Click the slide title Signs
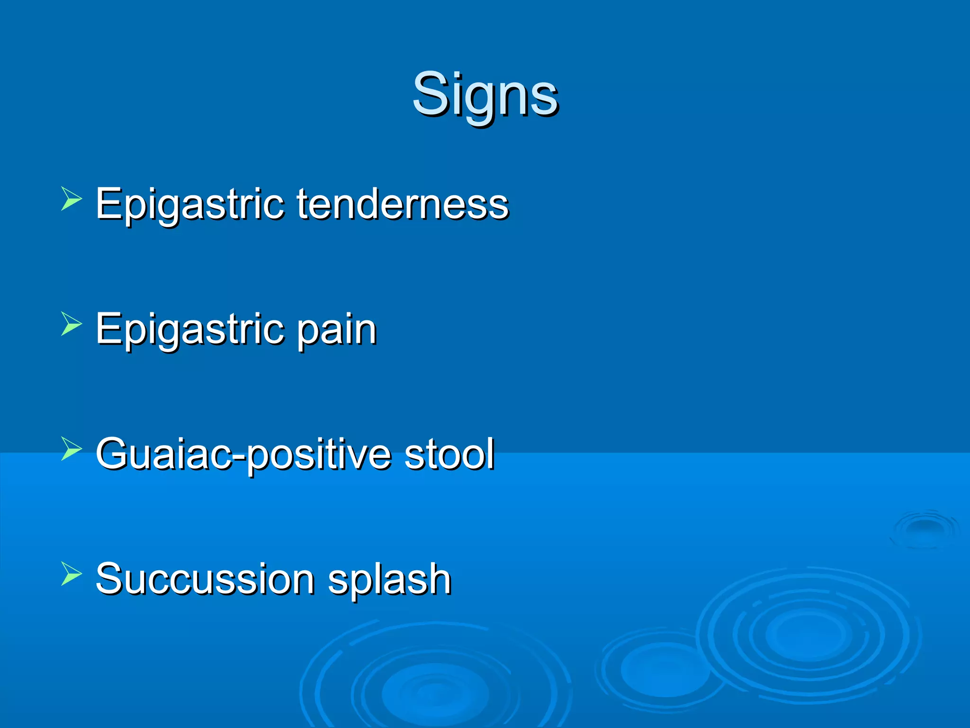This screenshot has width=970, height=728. (x=485, y=95)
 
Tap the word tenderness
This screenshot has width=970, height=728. (x=403, y=204)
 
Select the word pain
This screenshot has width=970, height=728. (x=337, y=330)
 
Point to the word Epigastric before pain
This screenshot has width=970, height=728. (x=189, y=330)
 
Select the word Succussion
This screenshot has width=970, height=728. (x=205, y=579)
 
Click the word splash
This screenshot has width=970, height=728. (x=389, y=579)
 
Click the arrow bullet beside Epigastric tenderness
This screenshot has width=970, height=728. (x=71, y=199)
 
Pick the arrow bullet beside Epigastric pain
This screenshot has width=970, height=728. (x=71, y=324)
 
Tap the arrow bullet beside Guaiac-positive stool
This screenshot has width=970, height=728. (x=71, y=449)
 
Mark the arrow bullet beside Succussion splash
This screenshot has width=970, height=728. (x=71, y=574)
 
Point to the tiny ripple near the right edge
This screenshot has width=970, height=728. (x=924, y=528)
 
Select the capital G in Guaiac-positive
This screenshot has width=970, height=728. (x=114, y=454)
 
